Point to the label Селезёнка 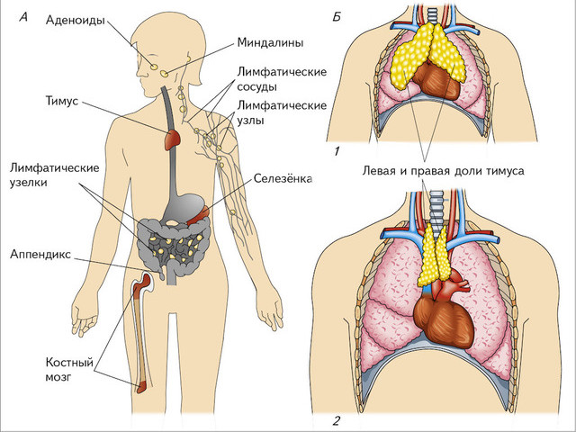pyautogui.click(x=283, y=178)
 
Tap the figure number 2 pyautogui.click(x=336, y=420)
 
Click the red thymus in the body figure pyautogui.click(x=172, y=139)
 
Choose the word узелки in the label pyautogui.click(x=31, y=183)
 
